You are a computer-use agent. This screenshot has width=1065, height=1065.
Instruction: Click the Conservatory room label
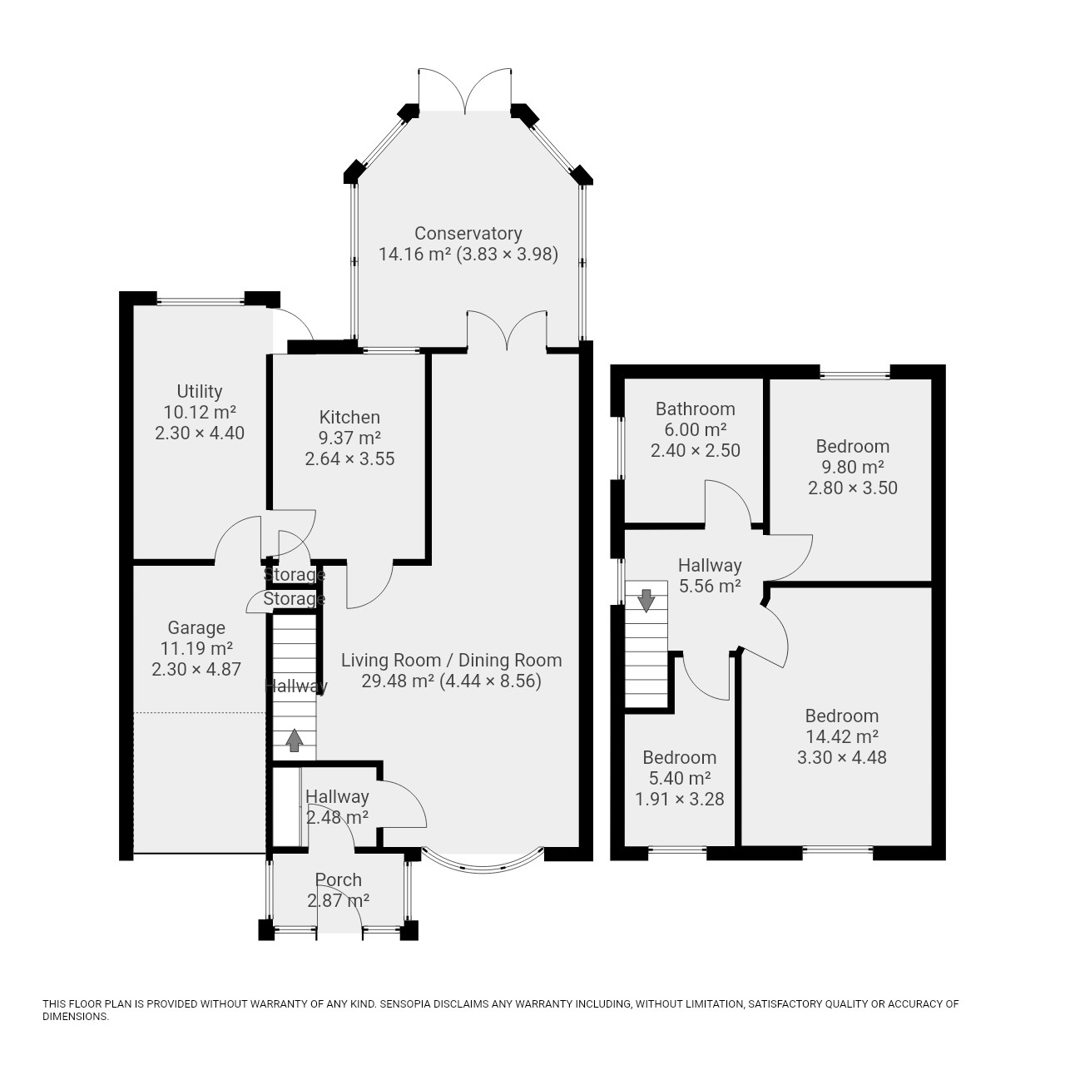coord(468,234)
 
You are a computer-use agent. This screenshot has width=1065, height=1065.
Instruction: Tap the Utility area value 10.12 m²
coord(200,413)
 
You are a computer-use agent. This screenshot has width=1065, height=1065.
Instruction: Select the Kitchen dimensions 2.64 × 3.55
coord(349,458)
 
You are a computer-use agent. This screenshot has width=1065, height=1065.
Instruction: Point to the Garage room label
coord(196,628)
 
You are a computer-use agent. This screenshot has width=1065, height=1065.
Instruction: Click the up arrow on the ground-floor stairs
coord(294,740)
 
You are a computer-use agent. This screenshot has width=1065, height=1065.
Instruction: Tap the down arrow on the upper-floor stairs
coord(646,601)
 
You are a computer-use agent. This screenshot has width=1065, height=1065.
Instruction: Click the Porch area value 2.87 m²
coord(339,901)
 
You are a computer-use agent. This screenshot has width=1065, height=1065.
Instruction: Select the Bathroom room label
coord(696,409)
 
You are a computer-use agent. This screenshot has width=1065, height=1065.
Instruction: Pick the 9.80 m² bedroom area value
coord(853,467)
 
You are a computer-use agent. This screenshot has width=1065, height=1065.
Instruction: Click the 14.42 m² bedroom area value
coord(842,736)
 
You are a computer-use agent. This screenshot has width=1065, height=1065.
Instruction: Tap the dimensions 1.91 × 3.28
coord(679,799)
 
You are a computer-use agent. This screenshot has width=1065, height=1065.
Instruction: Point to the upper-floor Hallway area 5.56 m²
coord(710,586)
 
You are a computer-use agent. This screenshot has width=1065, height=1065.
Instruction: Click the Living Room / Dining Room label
coord(452,660)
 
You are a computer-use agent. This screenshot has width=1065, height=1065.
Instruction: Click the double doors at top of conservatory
coord(465,90)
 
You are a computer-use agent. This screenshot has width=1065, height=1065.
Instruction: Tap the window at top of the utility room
coord(200,302)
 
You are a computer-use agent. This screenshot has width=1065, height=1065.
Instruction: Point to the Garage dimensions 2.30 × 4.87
coord(196,669)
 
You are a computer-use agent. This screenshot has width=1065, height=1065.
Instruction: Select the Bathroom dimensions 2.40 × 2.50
coord(696,450)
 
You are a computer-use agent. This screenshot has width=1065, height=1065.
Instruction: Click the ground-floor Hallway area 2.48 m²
coord(337,817)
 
